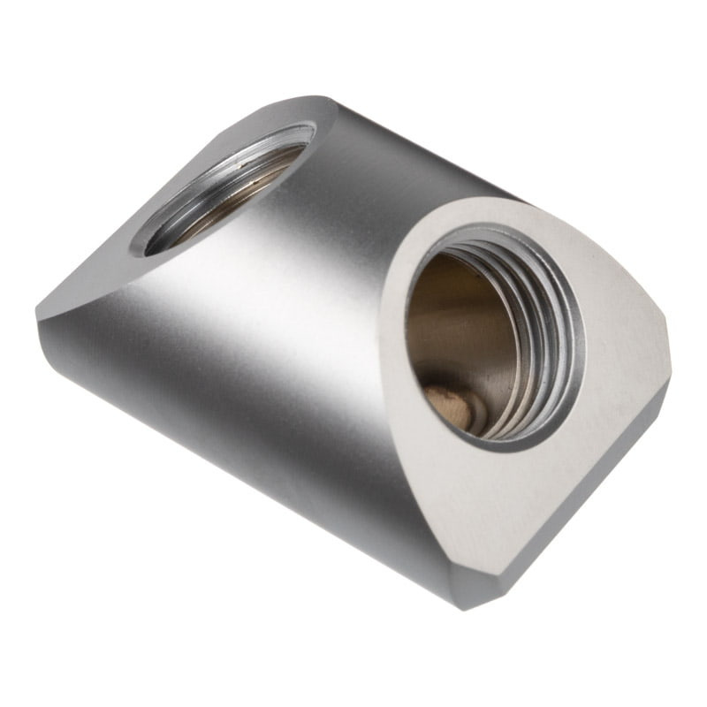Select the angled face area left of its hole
[115, 265]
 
